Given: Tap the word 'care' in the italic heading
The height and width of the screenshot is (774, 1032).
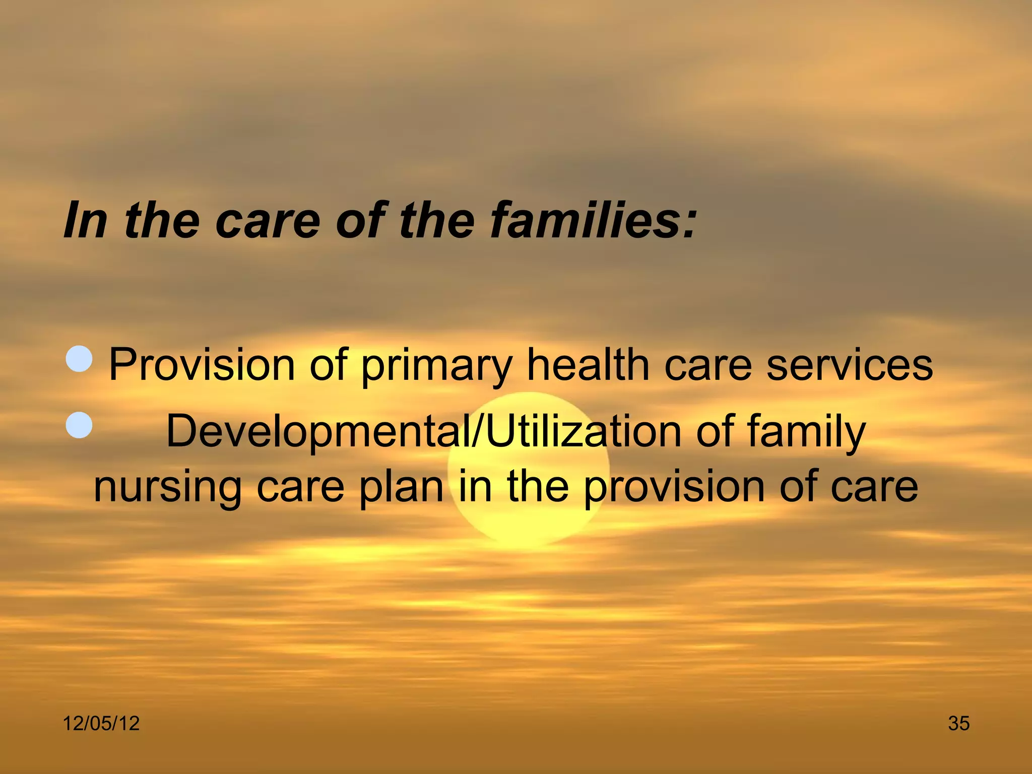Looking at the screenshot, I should pyautogui.click(x=268, y=220).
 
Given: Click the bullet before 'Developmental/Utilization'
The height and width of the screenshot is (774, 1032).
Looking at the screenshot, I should pyautogui.click(x=80, y=425).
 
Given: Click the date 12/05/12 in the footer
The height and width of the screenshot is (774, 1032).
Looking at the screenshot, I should pyautogui.click(x=101, y=724).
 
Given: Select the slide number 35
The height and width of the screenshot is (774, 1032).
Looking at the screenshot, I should pyautogui.click(x=958, y=724).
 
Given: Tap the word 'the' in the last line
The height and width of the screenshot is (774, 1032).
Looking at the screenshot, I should pyautogui.click(x=538, y=487).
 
